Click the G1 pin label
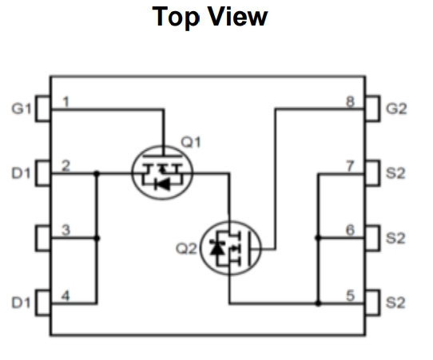(22, 109)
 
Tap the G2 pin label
(396, 109)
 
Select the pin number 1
(66, 101)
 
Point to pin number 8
(350, 101)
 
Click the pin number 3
(66, 230)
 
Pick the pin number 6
(350, 230)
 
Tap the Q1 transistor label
(191, 142)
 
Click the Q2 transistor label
(186, 248)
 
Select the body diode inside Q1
(162, 184)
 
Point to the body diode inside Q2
(216, 247)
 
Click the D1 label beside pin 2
(21, 173)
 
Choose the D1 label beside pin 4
(21, 303)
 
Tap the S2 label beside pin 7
(395, 173)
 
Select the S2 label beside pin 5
(395, 303)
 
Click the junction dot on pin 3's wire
(97, 238)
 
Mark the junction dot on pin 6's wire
(318, 238)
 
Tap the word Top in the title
(176, 17)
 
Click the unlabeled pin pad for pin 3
(43, 239)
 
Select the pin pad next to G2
(372, 109)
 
